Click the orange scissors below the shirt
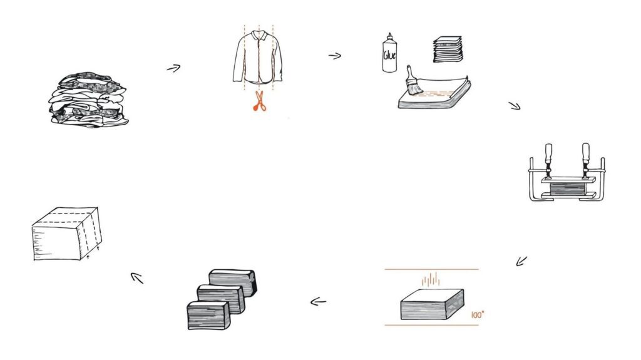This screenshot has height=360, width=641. click(259, 101)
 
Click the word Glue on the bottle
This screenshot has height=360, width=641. click(389, 54)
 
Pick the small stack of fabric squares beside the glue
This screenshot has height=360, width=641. click(448, 49)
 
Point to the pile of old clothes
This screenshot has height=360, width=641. click(88, 100)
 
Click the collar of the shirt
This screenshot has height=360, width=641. click(258, 35)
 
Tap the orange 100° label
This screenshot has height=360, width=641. click(477, 314)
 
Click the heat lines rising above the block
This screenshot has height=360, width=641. click(431, 279)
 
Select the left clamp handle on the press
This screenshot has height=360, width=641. click(548, 153)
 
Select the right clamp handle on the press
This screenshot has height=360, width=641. click(585, 153)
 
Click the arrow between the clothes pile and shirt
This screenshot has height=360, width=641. click(173, 68)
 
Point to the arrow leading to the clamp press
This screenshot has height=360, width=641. click(515, 106)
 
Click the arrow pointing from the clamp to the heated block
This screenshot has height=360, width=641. click(521, 260)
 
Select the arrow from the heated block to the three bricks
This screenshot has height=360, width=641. click(318, 302)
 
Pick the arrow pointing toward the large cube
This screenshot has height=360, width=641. click(137, 278)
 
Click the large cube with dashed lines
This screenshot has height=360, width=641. click(66, 234)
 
